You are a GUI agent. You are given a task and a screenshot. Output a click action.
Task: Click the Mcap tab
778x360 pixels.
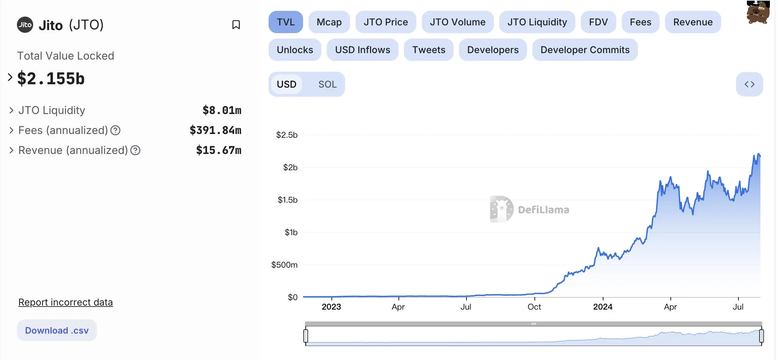coord(329,22)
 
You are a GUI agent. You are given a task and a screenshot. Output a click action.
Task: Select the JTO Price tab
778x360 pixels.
coord(385,22)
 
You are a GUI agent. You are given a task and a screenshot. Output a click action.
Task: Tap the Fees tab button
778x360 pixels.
coord(640,22)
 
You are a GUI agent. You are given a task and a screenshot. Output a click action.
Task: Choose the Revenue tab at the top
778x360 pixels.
coord(692,22)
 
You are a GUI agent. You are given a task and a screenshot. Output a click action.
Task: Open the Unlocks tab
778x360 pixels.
coord(295,50)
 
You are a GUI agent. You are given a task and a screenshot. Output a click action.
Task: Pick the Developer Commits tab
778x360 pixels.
coord(585,50)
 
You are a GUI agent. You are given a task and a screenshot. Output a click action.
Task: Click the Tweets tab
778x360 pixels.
coord(428,50)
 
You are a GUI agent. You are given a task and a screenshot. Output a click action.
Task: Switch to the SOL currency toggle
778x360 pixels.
coord(327,84)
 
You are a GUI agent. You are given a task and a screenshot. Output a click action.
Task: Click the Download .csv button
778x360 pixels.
coord(57,330)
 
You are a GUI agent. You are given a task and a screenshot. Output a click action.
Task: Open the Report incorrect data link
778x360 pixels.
coord(65,302)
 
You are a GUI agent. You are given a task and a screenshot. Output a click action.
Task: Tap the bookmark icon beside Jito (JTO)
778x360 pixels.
coord(236,25)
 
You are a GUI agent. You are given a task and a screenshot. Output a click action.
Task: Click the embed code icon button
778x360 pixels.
coord(749,84)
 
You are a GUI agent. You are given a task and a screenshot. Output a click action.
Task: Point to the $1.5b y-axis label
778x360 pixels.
coord(288,200)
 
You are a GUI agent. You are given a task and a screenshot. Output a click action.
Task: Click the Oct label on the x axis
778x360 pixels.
coord(534,307)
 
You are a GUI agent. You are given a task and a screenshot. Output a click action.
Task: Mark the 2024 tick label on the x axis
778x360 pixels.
coord(602,307)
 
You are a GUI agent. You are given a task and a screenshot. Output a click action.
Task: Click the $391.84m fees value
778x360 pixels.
coord(215,130)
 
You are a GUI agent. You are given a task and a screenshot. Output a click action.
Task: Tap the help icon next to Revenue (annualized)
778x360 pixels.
coord(135,150)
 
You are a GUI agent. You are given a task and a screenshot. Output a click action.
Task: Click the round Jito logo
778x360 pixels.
coord(25,25)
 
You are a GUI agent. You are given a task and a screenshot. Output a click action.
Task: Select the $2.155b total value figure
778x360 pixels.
coord(51,78)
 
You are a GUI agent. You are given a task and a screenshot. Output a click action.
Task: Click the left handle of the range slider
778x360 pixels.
coord(306,336)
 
